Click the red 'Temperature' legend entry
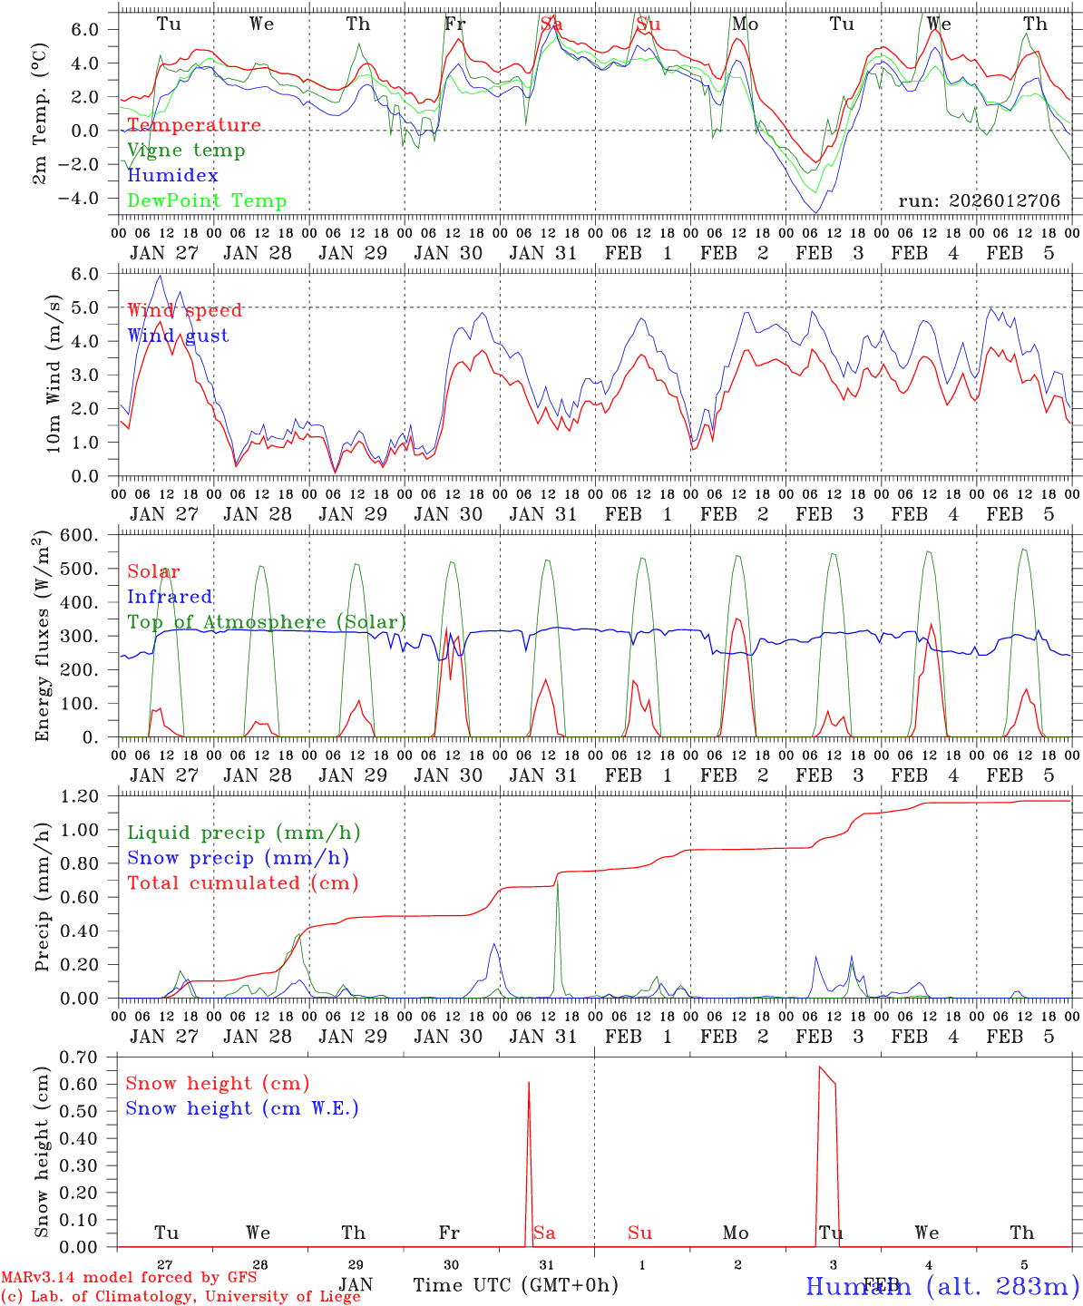pyautogui.click(x=194, y=125)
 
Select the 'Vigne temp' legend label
pyautogui.click(x=186, y=151)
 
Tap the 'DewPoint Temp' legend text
pyautogui.click(x=207, y=201)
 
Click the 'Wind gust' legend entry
pyautogui.click(x=178, y=336)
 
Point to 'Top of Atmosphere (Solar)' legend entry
pyautogui.click(x=267, y=622)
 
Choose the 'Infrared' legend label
pyautogui.click(x=170, y=597)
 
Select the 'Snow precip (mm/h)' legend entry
pyautogui.click(x=239, y=858)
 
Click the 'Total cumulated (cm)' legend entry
pyautogui.click(x=243, y=883)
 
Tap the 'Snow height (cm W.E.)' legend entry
pyautogui.click(x=242, y=1108)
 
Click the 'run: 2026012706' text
pyautogui.click(x=979, y=200)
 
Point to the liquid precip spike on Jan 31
pyautogui.click(x=557, y=882)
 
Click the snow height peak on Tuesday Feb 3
pyautogui.click(x=820, y=1067)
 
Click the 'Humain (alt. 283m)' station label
pyautogui.click(x=942, y=1286)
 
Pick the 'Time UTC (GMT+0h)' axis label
pyautogui.click(x=516, y=1285)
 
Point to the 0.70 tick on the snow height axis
pyautogui.click(x=83, y=1057)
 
